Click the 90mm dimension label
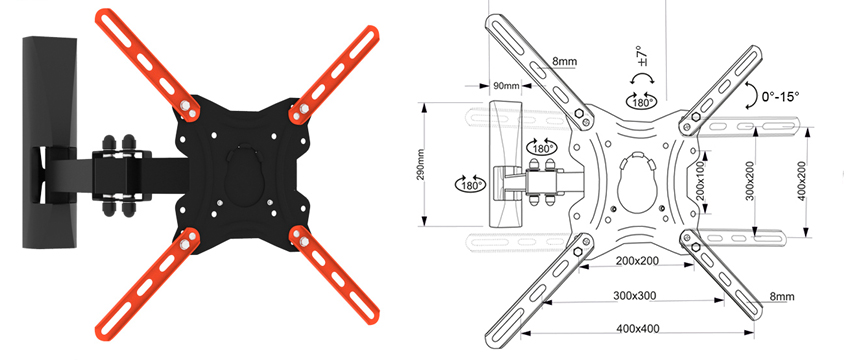[x=506, y=85]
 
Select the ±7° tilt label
[x=642, y=56]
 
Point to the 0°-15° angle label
[x=781, y=96]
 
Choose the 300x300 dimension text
[x=634, y=295]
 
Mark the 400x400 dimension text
[x=638, y=329]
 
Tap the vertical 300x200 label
[x=750, y=181]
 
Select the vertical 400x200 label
[x=802, y=181]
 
